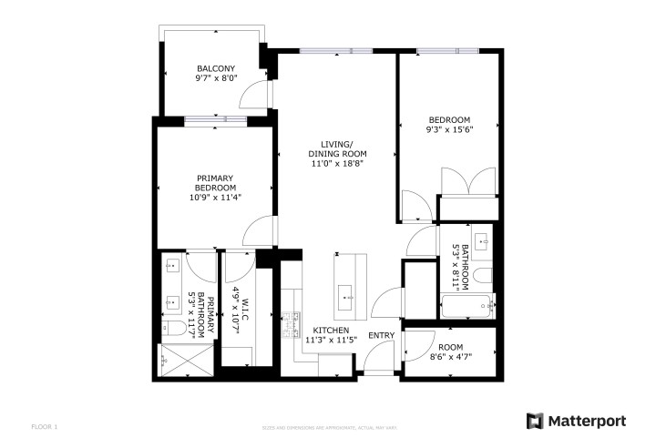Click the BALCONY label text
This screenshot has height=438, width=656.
click(216, 68)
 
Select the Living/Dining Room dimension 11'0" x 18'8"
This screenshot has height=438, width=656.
click(337, 165)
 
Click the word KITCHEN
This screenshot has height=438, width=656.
click(332, 330)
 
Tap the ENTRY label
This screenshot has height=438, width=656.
click(381, 336)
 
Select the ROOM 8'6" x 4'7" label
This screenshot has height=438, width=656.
click(450, 352)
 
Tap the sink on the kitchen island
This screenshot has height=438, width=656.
click(347, 294)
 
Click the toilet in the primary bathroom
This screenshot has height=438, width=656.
click(173, 329)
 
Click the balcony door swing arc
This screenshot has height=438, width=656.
click(260, 95)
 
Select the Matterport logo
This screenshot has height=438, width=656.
click(576, 420)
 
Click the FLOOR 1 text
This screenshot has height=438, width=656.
click(45, 426)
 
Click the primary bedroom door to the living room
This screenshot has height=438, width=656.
click(261, 231)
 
